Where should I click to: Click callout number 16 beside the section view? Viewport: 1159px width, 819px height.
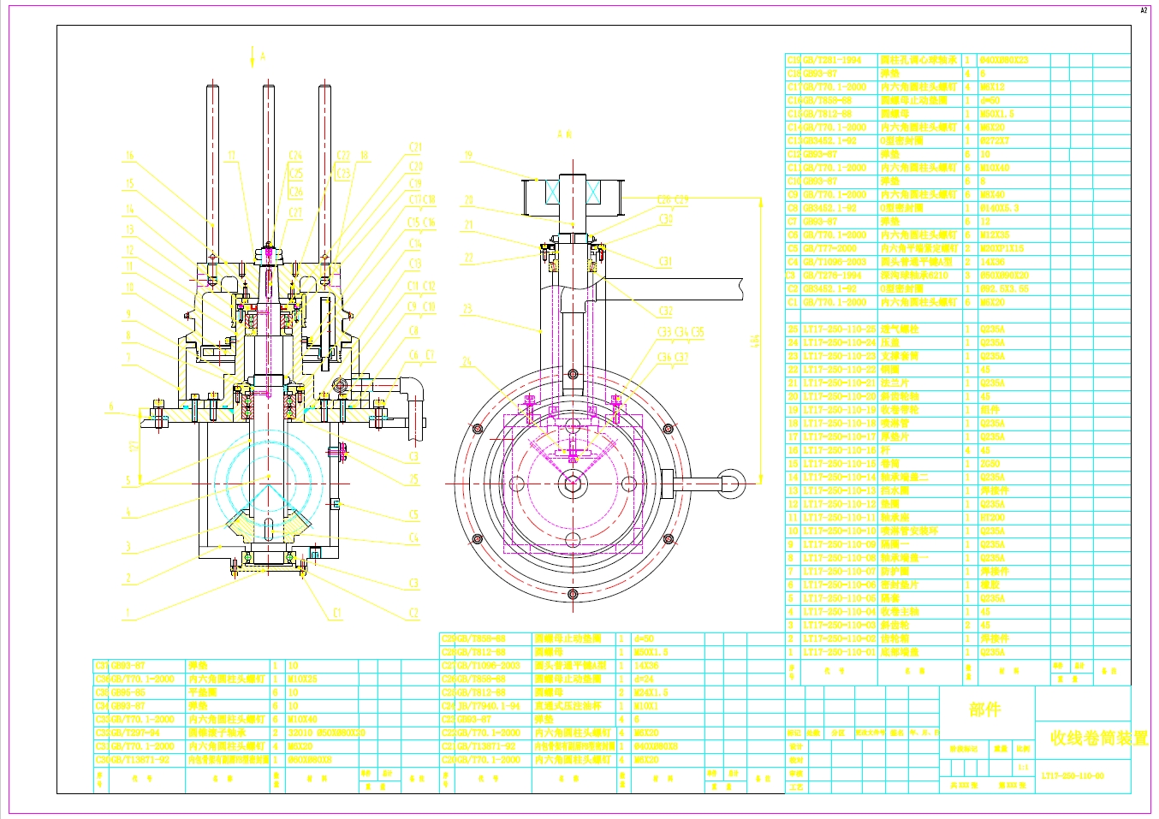pyautogui.click(x=129, y=156)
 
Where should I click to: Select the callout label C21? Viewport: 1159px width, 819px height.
pyautogui.click(x=415, y=147)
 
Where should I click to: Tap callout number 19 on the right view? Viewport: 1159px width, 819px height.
pyautogui.click(x=468, y=156)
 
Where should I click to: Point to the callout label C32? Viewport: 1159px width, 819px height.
pyautogui.click(x=665, y=312)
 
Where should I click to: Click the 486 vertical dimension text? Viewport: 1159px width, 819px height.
pyautogui.click(x=754, y=341)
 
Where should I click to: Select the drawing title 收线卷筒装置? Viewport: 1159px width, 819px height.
pyautogui.click(x=1099, y=738)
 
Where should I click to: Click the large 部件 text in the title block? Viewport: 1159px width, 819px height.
pyautogui.click(x=984, y=709)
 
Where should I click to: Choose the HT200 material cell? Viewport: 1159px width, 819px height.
pyautogui.click(x=992, y=518)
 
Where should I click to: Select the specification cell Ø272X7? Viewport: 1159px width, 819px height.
pyautogui.click(x=994, y=141)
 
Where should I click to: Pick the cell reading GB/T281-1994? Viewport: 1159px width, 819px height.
pyautogui.click(x=832, y=61)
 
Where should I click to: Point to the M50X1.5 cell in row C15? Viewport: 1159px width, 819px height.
pyautogui.click(x=996, y=114)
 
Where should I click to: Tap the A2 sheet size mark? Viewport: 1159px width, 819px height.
pyautogui.click(x=1144, y=10)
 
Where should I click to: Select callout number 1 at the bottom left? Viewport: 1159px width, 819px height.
pyautogui.click(x=128, y=613)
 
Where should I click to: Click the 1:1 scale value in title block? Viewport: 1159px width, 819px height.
pyautogui.click(x=1023, y=767)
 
